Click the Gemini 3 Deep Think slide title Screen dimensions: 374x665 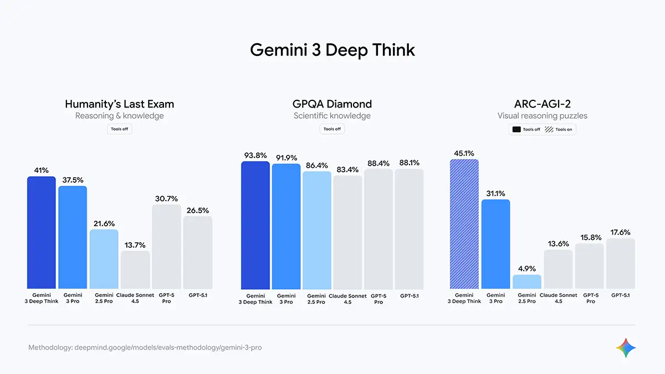pyautogui.click(x=332, y=50)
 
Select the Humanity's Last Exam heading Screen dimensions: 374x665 pyautogui.click(x=119, y=104)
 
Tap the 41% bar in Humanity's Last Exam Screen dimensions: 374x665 pyautogui.click(x=42, y=233)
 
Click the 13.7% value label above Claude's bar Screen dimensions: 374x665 pyautogui.click(x=135, y=244)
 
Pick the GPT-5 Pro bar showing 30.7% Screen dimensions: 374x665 pyautogui.click(x=166, y=247)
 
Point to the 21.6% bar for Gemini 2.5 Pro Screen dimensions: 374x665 pyautogui.click(x=104, y=259)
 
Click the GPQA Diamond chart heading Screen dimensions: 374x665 pyautogui.click(x=332, y=104)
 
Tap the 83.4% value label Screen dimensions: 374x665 pyautogui.click(x=347, y=169)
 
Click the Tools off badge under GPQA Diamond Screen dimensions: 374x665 pyautogui.click(x=332, y=129)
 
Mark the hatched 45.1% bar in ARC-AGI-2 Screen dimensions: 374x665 pyautogui.click(x=464, y=224)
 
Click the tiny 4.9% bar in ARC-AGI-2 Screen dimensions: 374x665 pyautogui.click(x=526, y=282)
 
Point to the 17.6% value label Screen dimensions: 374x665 pyautogui.click(x=621, y=232)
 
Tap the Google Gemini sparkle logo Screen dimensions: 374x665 pyautogui.click(x=626, y=347)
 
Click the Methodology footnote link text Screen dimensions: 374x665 pyautogui.click(x=145, y=348)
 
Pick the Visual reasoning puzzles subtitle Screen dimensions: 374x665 pyautogui.click(x=542, y=116)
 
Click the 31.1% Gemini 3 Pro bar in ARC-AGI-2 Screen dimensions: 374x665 pyautogui.click(x=495, y=244)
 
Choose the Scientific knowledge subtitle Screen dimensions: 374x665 pyautogui.click(x=332, y=116)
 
